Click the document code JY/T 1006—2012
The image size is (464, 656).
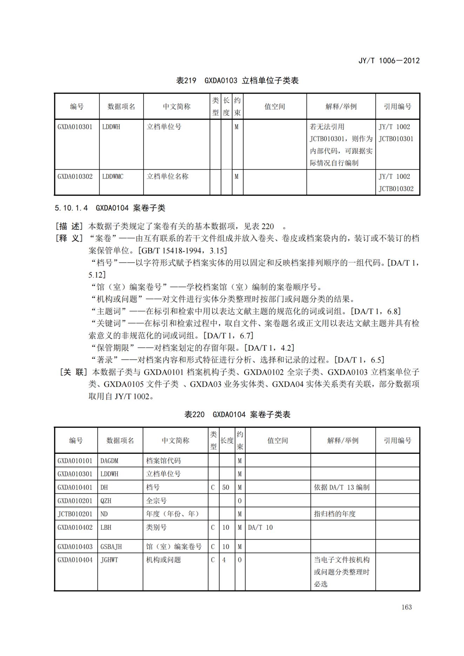click(389, 61)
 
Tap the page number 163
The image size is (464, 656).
click(406, 607)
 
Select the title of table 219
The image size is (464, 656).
click(237, 81)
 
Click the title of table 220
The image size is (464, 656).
click(237, 414)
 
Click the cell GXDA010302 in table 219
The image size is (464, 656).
click(75, 176)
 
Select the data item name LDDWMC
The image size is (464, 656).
click(113, 176)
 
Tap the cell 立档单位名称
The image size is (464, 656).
click(168, 176)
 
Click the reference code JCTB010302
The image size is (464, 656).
click(396, 189)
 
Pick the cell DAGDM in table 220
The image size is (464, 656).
click(109, 461)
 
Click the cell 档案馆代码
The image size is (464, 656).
click(163, 461)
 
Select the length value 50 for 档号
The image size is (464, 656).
click(226, 487)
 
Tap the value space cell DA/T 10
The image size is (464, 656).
click(260, 527)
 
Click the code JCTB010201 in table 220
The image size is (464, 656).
click(75, 514)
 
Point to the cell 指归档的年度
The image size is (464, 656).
click(335, 514)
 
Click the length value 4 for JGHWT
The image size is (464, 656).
click(224, 560)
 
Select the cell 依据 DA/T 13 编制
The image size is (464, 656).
click(342, 487)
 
